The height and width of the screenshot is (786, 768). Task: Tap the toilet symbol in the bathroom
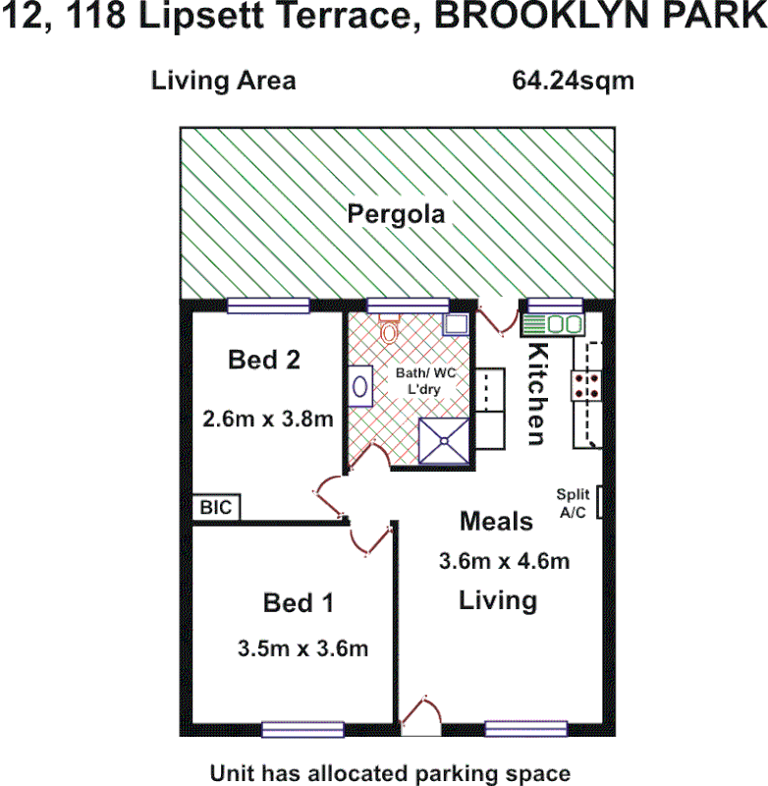(389, 330)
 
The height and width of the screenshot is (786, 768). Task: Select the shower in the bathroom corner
(444, 440)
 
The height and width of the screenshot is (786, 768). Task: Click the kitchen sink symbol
(552, 324)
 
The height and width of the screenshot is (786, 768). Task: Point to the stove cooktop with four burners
(588, 385)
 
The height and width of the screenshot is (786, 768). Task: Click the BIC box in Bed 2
(216, 508)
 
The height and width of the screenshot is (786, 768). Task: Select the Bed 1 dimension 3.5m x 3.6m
(302, 648)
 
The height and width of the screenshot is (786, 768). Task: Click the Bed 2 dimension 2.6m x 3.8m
(267, 418)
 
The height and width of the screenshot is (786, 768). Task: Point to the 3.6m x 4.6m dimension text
(503, 562)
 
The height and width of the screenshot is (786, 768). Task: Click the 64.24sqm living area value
(573, 81)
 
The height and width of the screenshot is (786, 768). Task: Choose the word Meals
(497, 521)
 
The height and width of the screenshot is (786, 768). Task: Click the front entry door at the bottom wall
(419, 715)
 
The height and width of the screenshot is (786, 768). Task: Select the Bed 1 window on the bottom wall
(302, 729)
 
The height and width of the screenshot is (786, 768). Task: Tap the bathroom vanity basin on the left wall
(360, 386)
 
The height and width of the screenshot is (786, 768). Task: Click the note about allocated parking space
(390, 772)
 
